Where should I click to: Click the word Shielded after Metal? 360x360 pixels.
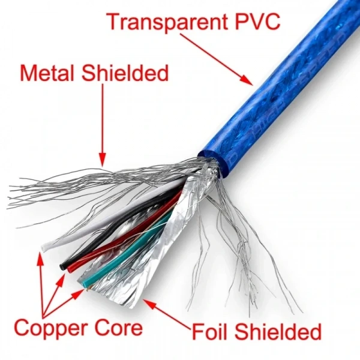pos(125,73)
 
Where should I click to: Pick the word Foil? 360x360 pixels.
pos(209,331)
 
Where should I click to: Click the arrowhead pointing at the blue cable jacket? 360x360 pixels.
pos(247,80)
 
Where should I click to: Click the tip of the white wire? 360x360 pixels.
pos(44,248)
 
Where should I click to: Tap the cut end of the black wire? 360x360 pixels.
pos(62,267)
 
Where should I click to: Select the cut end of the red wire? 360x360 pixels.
pos(70,269)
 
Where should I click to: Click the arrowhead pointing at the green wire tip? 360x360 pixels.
pos(79,293)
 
